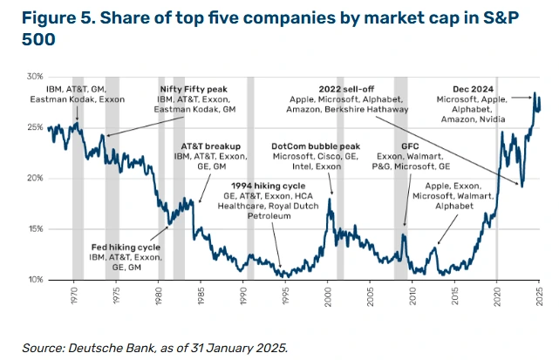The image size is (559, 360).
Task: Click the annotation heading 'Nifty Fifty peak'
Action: click(193, 89)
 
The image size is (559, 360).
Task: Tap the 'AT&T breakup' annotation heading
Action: click(211, 146)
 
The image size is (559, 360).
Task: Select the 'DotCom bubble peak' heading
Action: click(315, 146)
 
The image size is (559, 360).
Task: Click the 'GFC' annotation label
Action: click(410, 146)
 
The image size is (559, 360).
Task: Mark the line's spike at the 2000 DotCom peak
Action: click(330, 200)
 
